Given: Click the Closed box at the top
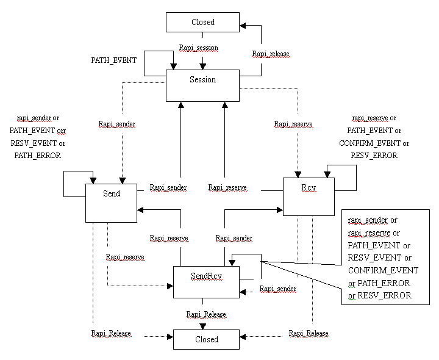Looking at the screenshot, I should pos(203,22).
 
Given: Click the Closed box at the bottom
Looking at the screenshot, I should pos(205,339).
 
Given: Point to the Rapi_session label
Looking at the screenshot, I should pos(198,48).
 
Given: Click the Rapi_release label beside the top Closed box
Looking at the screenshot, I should pos(271,54).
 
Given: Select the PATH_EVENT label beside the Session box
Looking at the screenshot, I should pos(114,60).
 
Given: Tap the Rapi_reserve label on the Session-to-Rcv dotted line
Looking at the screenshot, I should pos(293,124).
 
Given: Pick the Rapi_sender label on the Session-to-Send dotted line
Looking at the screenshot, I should pos(117,124).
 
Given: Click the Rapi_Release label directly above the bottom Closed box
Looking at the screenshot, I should pos(206,315).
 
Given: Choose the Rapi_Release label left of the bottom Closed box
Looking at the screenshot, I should pos(111,334).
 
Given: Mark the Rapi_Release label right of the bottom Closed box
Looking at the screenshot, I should pos(309,334).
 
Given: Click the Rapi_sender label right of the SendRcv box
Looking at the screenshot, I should pos(278,289).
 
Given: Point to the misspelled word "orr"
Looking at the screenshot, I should pos(61,131).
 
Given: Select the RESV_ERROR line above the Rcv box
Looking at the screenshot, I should pos(374,156).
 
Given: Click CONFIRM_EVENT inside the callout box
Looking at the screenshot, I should pos(383,270).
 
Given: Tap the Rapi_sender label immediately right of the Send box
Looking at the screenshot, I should pos(168,188).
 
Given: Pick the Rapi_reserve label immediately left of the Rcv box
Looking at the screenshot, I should pos(227,188).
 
